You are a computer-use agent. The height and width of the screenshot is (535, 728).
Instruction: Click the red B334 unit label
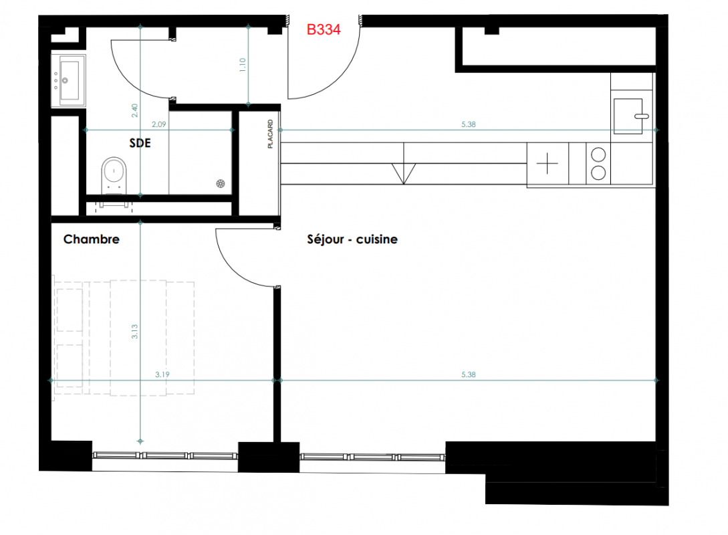324,29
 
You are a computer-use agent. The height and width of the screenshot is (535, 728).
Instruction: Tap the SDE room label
140,143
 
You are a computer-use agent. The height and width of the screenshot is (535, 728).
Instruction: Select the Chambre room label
92,239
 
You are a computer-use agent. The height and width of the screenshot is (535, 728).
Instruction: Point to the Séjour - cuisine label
352,239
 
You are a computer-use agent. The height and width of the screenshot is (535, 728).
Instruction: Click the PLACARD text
270,134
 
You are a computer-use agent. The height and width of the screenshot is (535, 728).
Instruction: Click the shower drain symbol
221,183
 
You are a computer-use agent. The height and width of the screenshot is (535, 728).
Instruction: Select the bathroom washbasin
68,80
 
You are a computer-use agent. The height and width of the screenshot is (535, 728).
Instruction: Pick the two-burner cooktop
598,163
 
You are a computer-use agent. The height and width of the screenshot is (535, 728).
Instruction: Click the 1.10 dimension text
243,65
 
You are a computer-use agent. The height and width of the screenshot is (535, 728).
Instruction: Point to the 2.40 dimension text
134,110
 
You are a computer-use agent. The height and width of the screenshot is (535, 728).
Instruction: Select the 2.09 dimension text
159,124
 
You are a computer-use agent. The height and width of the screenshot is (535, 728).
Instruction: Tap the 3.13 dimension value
134,331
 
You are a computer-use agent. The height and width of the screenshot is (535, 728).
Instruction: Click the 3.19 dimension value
162,374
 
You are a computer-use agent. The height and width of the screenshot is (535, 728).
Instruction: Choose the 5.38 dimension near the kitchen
469,124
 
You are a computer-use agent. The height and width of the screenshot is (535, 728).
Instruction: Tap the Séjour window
372,457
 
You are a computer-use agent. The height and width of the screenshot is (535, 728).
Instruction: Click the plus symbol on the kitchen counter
548,163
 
